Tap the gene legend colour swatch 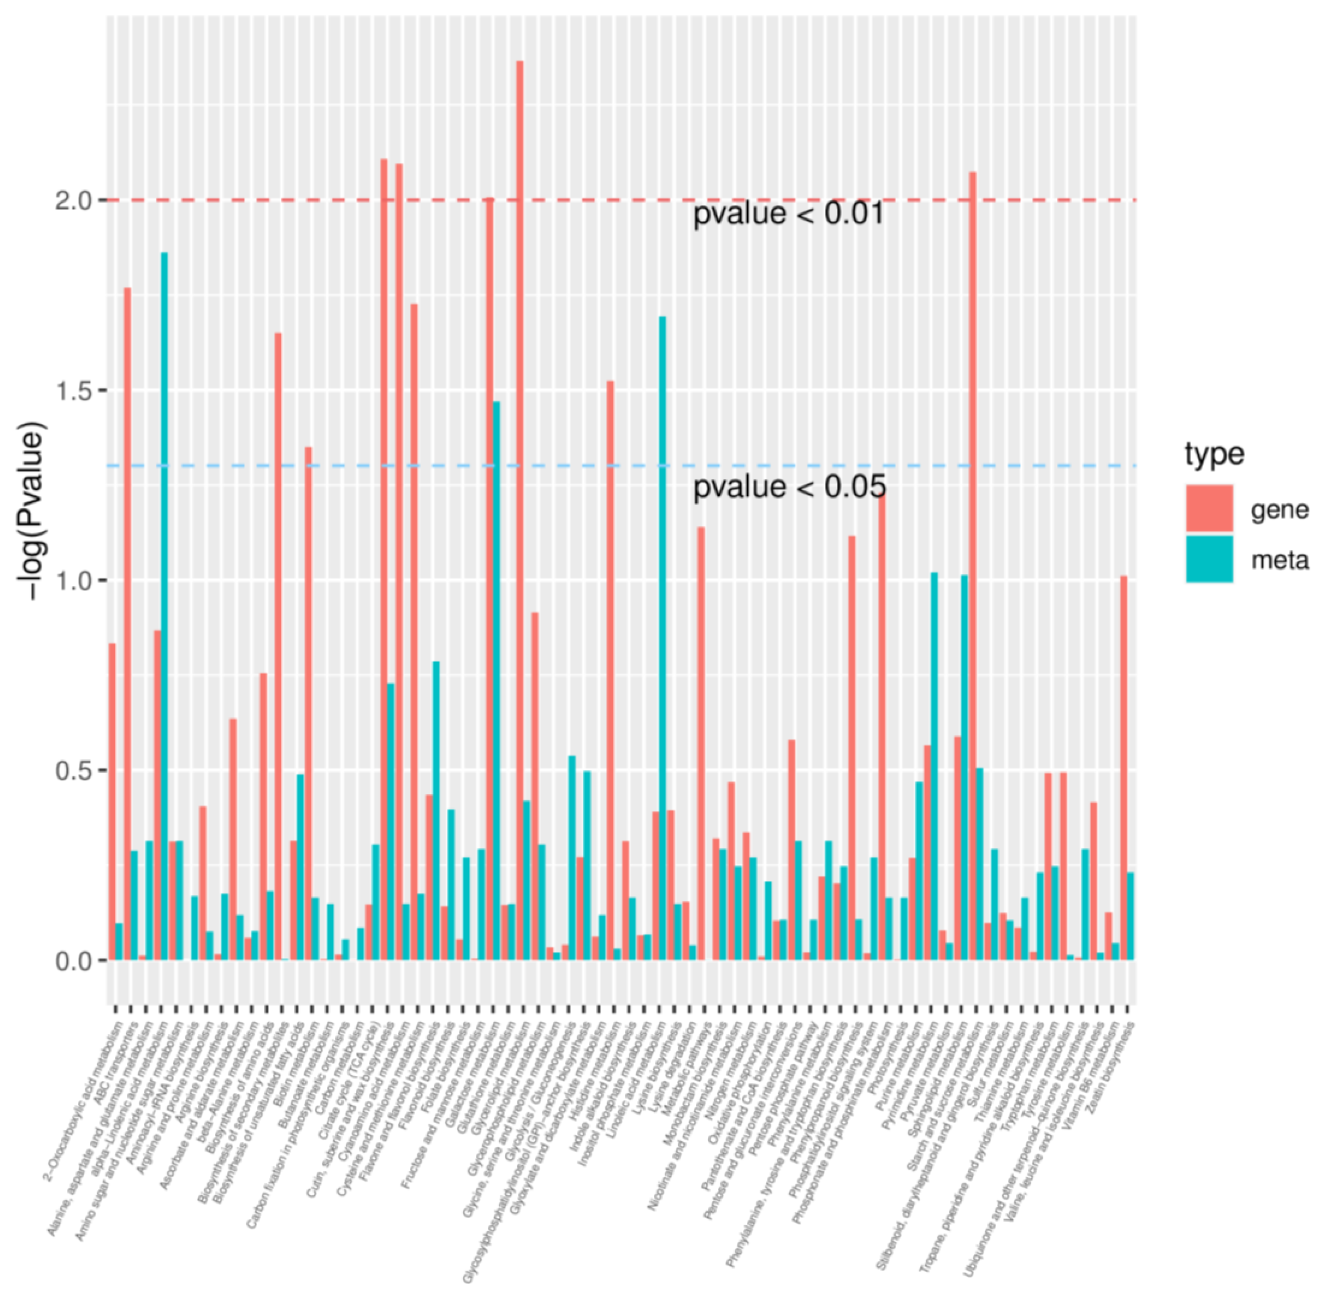click(1209, 508)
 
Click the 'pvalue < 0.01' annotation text click(788, 214)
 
